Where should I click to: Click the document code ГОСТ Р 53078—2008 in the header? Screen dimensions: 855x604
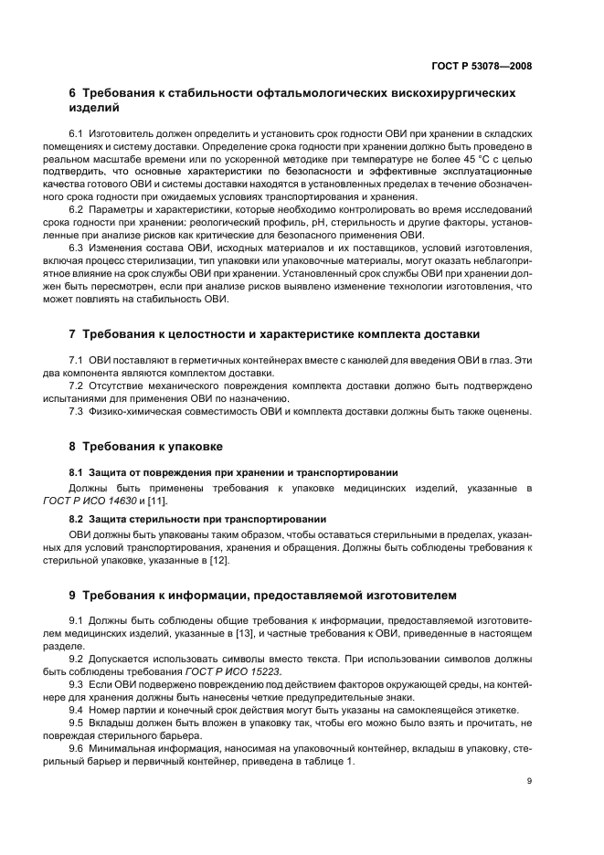482,66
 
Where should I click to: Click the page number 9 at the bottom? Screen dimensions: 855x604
529,781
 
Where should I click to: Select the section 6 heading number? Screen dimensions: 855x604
73,93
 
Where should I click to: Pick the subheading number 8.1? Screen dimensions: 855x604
77,473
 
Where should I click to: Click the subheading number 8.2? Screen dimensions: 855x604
77,519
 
